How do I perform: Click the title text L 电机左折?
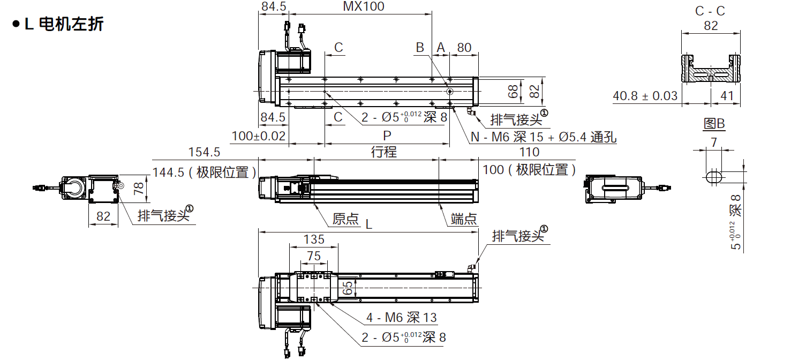[x=63, y=25]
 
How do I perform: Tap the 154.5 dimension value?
[x=204, y=152]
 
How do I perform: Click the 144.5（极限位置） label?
[x=204, y=172]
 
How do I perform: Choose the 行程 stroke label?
[x=384, y=152]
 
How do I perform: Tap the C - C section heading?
[x=710, y=11]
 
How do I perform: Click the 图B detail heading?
[x=714, y=124]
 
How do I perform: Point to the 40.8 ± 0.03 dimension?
[x=645, y=96]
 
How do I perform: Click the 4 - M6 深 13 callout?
[x=401, y=318]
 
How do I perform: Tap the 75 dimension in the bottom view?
[x=314, y=256]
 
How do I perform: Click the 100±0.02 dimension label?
[x=259, y=136]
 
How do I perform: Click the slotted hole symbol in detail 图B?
[x=713, y=177]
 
